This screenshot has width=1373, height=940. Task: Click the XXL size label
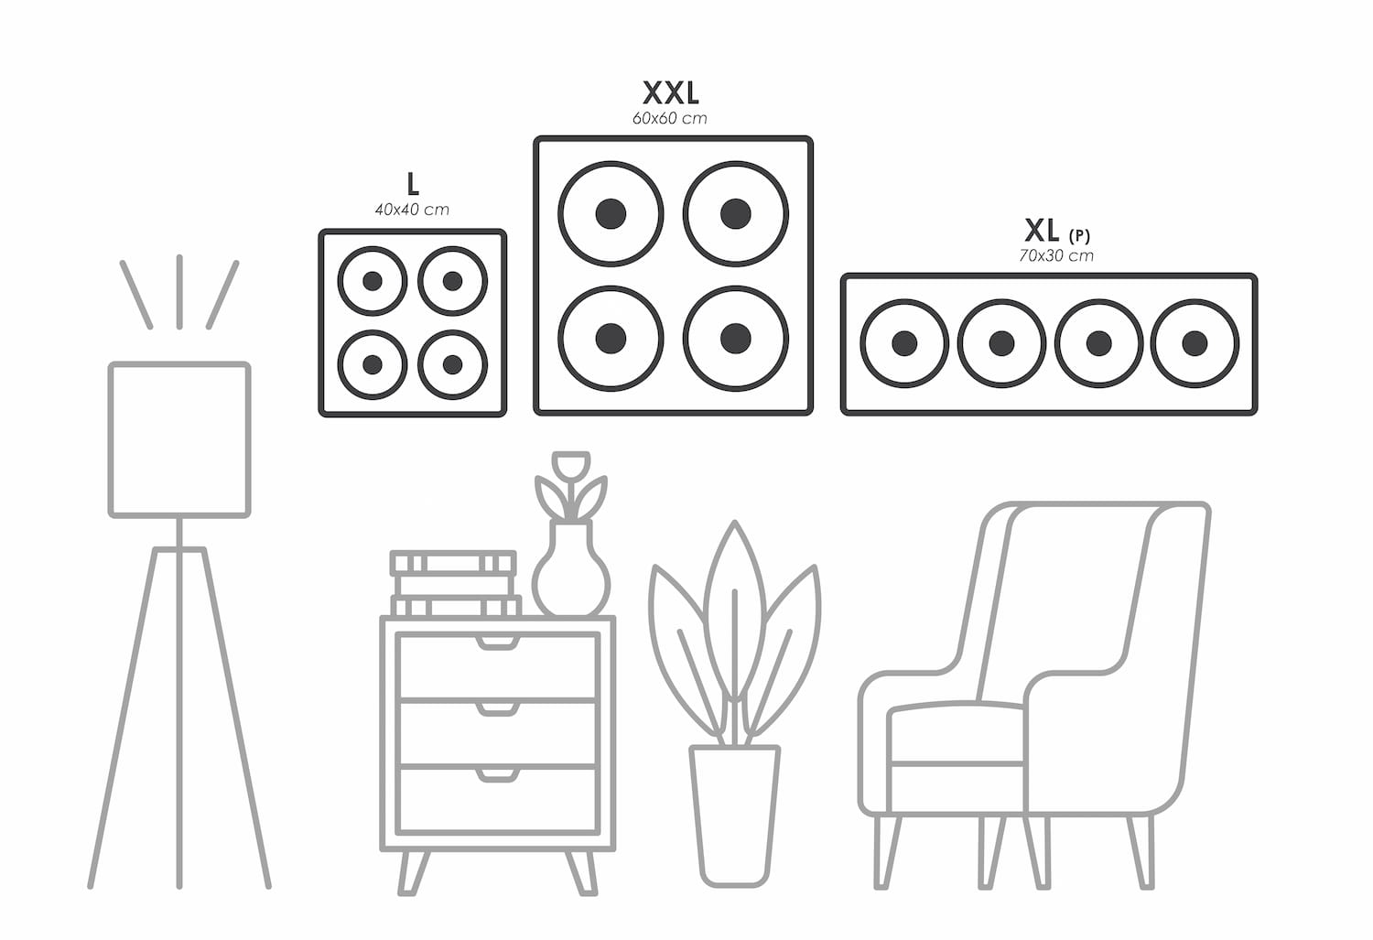point(670,92)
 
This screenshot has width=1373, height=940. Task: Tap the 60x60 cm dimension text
point(669,118)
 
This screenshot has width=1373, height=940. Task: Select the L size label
point(413,184)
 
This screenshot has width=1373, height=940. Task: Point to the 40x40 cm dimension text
point(412,210)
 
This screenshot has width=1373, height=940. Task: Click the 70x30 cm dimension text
point(1055,256)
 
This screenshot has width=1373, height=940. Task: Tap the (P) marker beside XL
point(1079,236)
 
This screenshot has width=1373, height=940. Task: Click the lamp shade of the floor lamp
point(179,439)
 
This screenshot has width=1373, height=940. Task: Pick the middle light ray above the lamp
point(179,291)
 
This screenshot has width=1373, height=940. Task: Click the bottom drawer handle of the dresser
point(498,776)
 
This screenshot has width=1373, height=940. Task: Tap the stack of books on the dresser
point(454,582)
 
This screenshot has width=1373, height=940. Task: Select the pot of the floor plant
point(734,815)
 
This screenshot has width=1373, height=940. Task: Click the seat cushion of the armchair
point(957,732)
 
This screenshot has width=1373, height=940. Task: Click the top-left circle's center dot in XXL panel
point(611,214)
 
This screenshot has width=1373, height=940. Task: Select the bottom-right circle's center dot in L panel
point(452,364)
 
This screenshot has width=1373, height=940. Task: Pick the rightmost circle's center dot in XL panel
point(1194,343)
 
